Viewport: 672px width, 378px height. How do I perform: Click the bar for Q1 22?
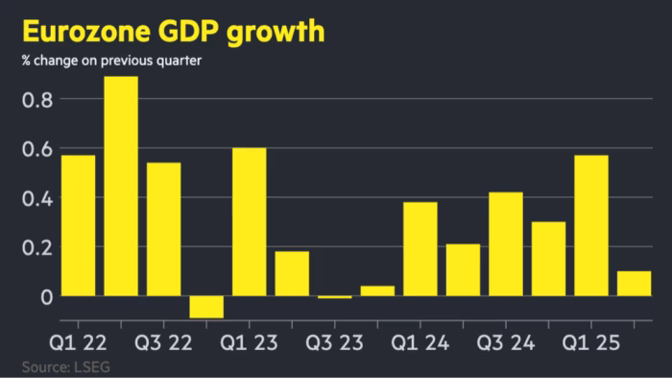[78, 225]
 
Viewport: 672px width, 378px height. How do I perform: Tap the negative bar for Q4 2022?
[206, 306]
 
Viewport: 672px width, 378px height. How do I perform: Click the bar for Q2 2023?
[292, 273]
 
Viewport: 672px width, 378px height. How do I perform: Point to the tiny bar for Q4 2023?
[377, 290]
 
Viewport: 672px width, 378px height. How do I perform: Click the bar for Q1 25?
[591, 225]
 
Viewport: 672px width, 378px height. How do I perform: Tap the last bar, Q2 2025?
[634, 283]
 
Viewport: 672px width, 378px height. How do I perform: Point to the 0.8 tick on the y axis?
[36, 99]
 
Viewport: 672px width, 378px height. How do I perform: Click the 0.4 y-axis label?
[36, 198]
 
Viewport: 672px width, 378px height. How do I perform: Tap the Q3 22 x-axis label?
[164, 342]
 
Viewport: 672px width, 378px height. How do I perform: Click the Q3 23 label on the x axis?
[335, 342]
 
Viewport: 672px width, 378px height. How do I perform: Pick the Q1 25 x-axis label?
[591, 342]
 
